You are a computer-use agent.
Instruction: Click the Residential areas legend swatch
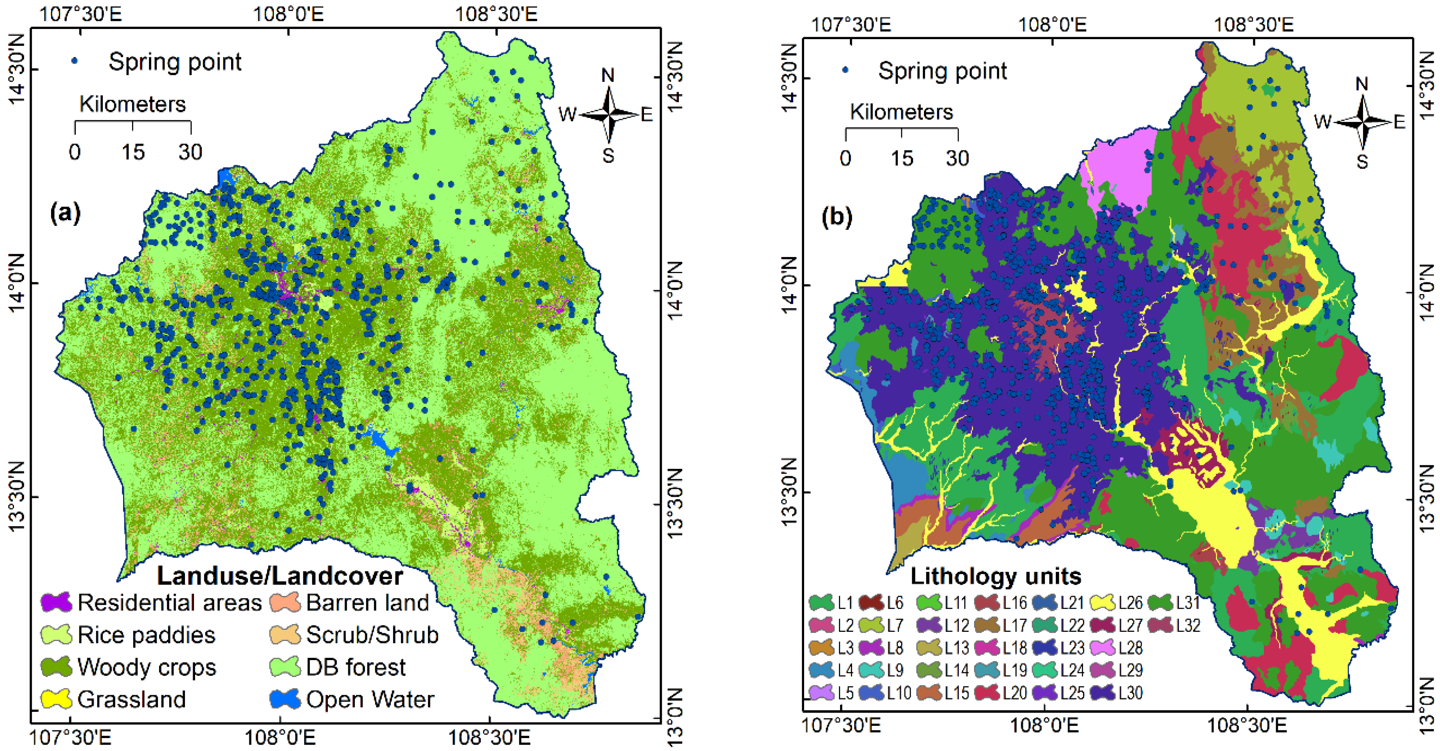pyautogui.click(x=56, y=602)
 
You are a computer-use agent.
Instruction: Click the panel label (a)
pyautogui.click(x=65, y=213)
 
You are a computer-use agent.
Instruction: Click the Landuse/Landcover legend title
pyautogui.click(x=279, y=576)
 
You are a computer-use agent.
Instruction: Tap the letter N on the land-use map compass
pyautogui.click(x=608, y=75)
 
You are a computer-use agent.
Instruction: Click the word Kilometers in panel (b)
pyautogui.click(x=901, y=112)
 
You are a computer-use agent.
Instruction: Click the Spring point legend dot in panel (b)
pyautogui.click(x=845, y=71)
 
